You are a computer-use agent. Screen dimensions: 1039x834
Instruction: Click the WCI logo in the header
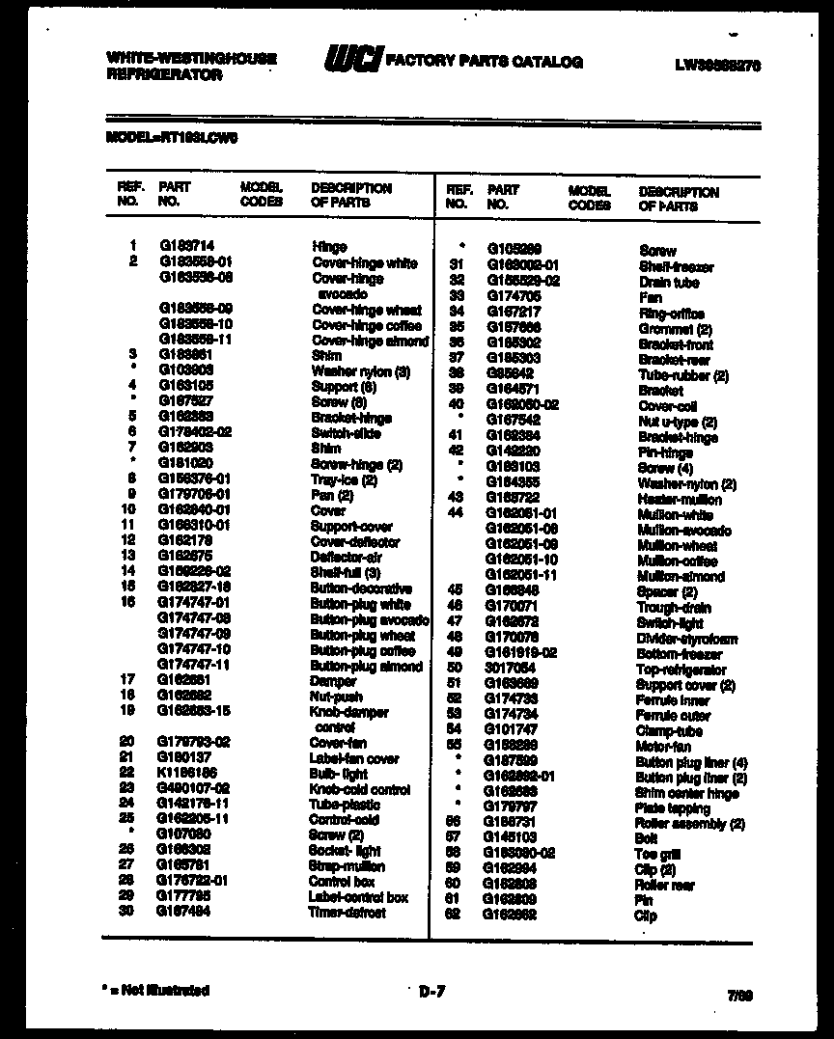point(353,60)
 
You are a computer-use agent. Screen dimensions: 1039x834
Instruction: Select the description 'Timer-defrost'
point(347,913)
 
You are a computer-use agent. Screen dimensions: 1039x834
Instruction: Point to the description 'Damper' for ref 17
point(333,681)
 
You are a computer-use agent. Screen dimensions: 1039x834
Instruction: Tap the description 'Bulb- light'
point(338,774)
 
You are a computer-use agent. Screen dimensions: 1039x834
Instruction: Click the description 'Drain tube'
point(668,283)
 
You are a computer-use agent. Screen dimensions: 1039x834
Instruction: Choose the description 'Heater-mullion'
point(679,500)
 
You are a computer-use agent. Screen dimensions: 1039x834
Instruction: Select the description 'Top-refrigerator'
point(681,670)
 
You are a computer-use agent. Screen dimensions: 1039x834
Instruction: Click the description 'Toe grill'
point(658,854)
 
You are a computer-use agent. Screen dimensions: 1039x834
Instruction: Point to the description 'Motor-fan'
point(662,747)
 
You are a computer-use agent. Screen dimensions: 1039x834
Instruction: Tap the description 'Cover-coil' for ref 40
point(667,406)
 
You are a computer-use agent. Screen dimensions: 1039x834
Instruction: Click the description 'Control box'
point(342,882)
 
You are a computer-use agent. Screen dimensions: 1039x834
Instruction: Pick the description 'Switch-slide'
point(346,433)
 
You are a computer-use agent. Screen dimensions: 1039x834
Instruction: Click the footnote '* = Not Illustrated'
point(155,990)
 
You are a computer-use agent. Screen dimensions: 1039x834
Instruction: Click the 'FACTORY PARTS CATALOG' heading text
point(484,62)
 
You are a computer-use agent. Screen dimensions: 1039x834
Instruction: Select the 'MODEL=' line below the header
point(171,137)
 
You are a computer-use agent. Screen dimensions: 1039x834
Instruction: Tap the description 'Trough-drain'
point(674,608)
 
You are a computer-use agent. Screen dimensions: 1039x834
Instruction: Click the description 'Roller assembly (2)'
point(689,824)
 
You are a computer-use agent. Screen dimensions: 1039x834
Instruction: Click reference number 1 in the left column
point(132,246)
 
